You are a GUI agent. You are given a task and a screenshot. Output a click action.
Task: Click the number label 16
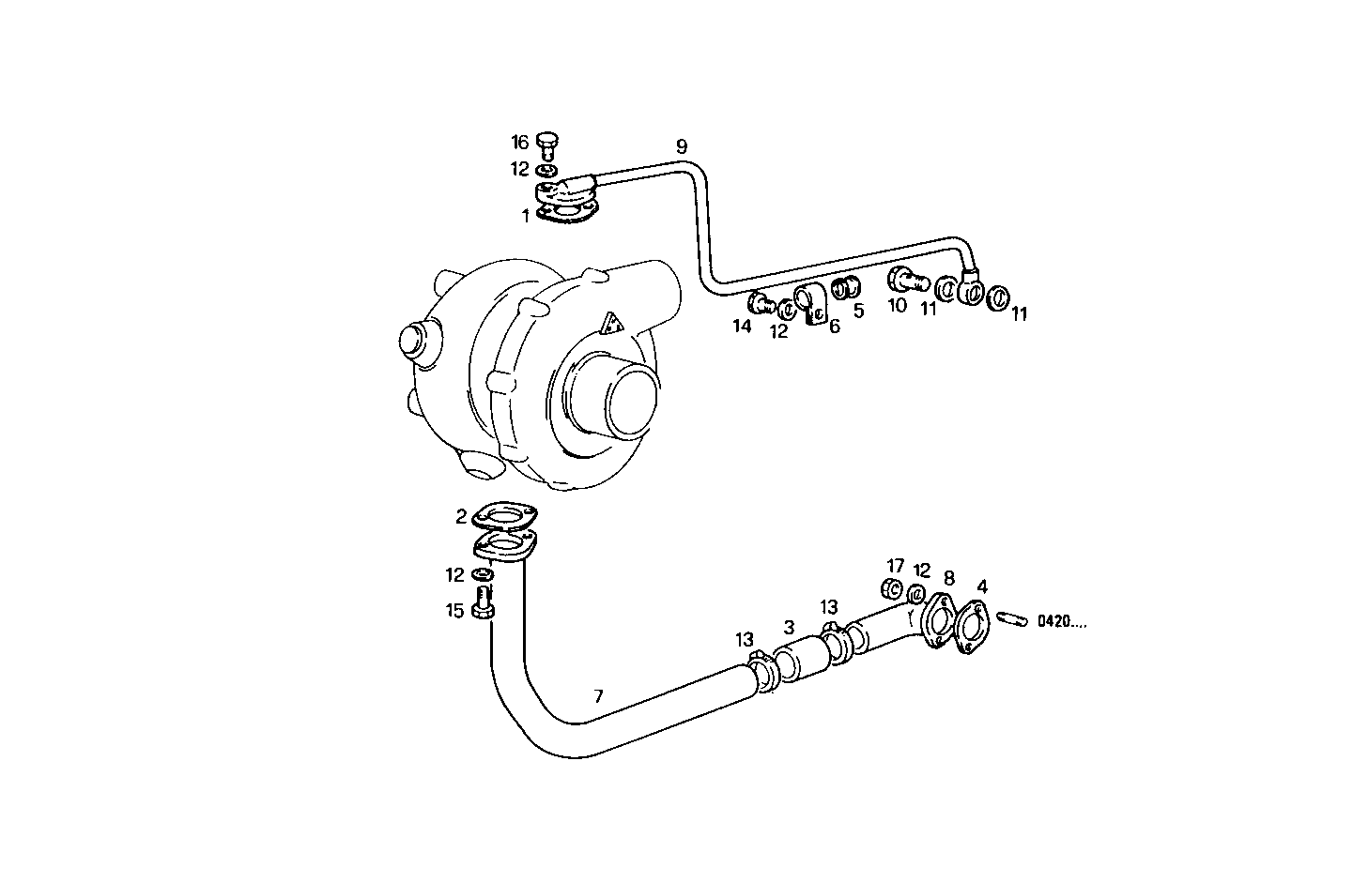[x=520, y=143]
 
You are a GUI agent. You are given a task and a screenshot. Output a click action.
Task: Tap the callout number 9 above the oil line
[x=682, y=146]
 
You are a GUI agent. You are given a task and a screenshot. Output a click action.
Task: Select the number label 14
[x=742, y=327]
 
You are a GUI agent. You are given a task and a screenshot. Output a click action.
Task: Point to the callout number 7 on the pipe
[x=598, y=696]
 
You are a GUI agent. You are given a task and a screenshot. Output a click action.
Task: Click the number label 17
[x=896, y=566]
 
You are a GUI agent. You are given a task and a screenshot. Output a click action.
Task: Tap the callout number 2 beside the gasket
[x=461, y=516]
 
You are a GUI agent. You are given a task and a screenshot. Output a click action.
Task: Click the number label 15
[x=454, y=611]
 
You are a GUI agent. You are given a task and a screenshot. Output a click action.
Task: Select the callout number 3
[x=789, y=626]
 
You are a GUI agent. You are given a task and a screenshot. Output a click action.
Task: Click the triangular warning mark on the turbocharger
[x=610, y=325]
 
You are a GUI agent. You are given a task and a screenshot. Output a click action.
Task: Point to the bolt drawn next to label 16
[x=548, y=144]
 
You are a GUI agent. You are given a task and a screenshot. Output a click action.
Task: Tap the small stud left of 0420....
[x=1014, y=619]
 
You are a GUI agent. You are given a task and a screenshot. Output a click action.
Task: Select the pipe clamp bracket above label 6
[x=809, y=305]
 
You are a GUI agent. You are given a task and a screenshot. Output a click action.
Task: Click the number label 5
[x=858, y=311]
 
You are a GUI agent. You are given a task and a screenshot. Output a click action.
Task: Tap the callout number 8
[x=948, y=578]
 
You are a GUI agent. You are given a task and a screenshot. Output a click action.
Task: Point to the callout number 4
[x=981, y=587]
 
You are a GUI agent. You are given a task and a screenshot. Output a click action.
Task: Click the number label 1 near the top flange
[x=526, y=215]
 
